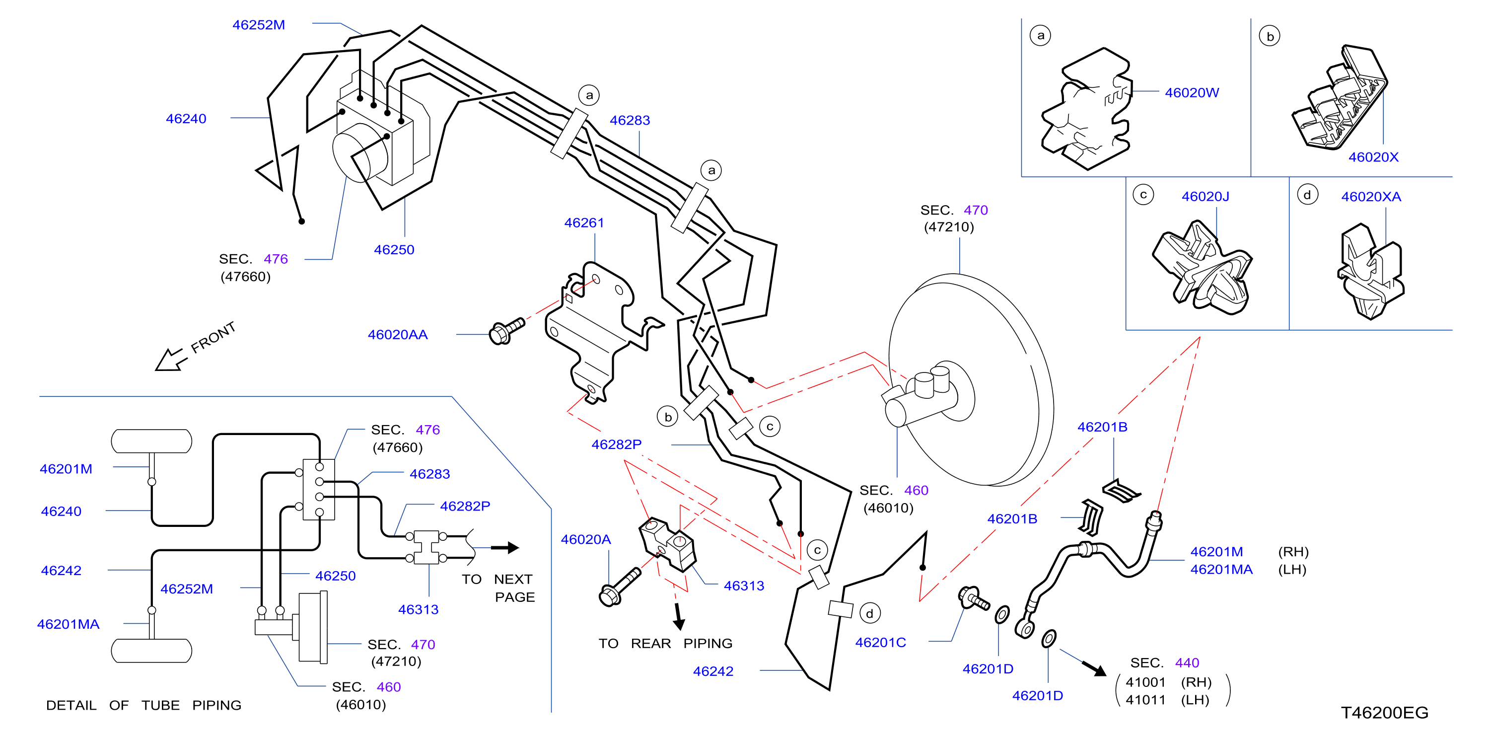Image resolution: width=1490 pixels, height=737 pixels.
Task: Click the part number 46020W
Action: click(x=1192, y=92)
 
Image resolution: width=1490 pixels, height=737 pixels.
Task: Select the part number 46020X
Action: click(x=1373, y=157)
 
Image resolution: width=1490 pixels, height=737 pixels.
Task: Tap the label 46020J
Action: click(x=1206, y=197)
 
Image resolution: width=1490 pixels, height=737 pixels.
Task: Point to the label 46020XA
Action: click(x=1371, y=197)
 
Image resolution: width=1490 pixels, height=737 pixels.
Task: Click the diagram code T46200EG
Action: click(x=1384, y=712)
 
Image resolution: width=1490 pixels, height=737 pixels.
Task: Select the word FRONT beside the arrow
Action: click(x=213, y=337)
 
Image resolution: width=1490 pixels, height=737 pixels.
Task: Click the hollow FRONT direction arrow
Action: click(x=171, y=359)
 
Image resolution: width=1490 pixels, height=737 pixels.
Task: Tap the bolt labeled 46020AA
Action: click(x=507, y=331)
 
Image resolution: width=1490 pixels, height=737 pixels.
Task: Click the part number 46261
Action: click(x=584, y=222)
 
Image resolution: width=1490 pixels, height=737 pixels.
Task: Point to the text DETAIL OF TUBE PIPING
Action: click(x=143, y=705)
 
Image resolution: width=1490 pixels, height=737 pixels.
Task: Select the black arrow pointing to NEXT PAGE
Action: click(x=505, y=547)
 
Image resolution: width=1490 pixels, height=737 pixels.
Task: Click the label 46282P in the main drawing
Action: click(x=616, y=444)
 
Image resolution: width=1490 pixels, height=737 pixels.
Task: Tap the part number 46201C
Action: click(x=880, y=642)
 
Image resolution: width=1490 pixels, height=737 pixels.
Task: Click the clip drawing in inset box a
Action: click(x=1087, y=109)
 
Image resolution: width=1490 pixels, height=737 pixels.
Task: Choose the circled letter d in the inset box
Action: click(x=1307, y=195)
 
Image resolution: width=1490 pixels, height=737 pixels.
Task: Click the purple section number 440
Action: click(x=1187, y=663)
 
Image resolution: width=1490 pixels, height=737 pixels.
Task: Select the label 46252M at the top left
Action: click(x=259, y=25)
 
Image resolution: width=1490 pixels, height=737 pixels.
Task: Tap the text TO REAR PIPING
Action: click(x=665, y=643)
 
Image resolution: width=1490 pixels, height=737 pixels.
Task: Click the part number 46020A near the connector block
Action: click(x=585, y=539)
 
